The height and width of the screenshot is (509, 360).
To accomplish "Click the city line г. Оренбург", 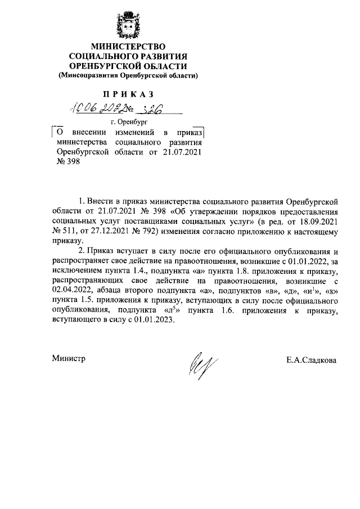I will point(129,121).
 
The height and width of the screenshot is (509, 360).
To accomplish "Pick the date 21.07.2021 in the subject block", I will point(182,152).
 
